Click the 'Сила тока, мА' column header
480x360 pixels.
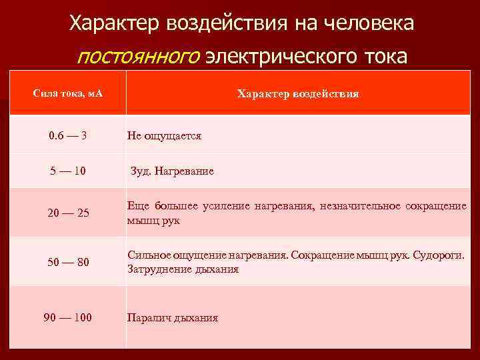(67, 94)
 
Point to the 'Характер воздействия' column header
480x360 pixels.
(298, 94)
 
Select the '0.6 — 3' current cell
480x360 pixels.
(67, 135)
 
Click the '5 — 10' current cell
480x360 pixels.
(67, 171)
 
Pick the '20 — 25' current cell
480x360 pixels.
(67, 213)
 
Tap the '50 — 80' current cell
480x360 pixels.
(67, 262)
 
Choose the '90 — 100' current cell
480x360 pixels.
(67, 317)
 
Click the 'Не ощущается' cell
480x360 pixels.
(164, 136)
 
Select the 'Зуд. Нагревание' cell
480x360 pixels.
(172, 171)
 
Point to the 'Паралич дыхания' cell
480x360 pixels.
(173, 318)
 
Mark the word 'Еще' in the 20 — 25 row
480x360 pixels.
(137, 206)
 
